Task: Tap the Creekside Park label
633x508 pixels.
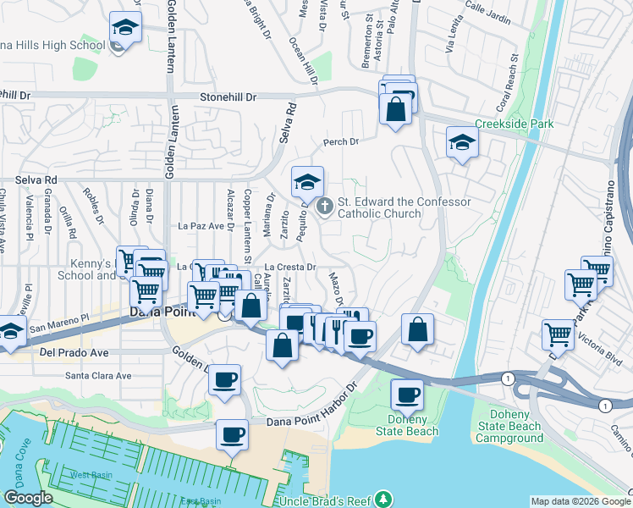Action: (x=514, y=124)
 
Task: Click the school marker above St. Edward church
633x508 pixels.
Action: (x=308, y=181)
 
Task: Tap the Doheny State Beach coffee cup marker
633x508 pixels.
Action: (x=407, y=395)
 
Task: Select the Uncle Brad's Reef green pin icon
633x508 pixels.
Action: (x=385, y=497)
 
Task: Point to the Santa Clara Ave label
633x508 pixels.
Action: (x=99, y=375)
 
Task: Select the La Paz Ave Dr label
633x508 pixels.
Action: (x=206, y=226)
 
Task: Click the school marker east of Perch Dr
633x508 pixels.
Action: (x=462, y=142)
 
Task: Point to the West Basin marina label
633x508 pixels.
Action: (x=91, y=475)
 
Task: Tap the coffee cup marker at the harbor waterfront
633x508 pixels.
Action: (x=232, y=435)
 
